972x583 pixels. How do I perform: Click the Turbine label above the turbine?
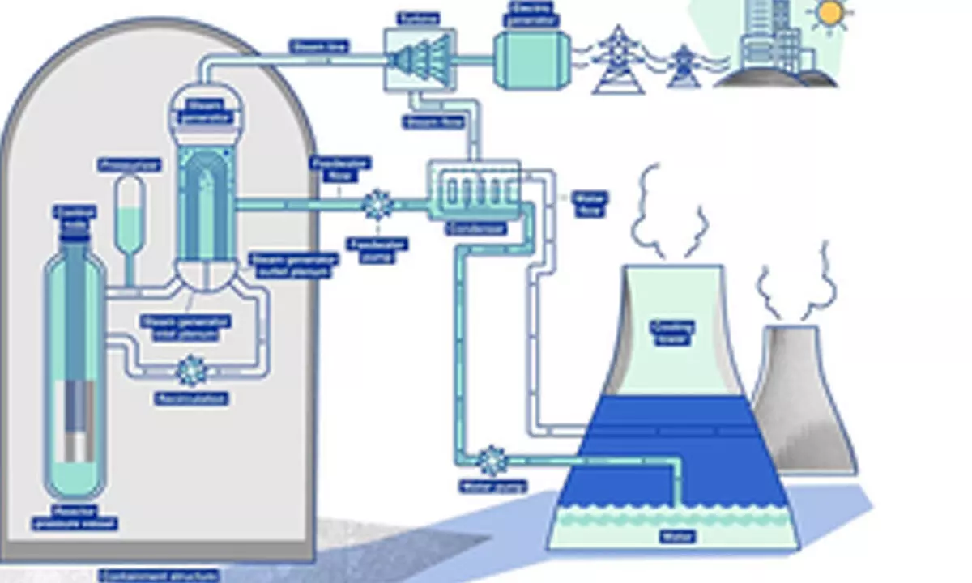419,17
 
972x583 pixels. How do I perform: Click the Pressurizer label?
130,165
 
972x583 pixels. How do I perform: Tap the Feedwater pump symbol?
377,204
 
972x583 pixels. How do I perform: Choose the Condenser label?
476,229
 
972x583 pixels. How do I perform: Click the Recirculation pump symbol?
192,371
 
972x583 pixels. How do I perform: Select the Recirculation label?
192,398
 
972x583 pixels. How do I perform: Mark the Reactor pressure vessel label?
75,517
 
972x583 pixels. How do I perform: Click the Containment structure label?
159,576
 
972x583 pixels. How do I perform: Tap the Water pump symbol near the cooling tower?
492,461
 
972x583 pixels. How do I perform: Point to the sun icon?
830,13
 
